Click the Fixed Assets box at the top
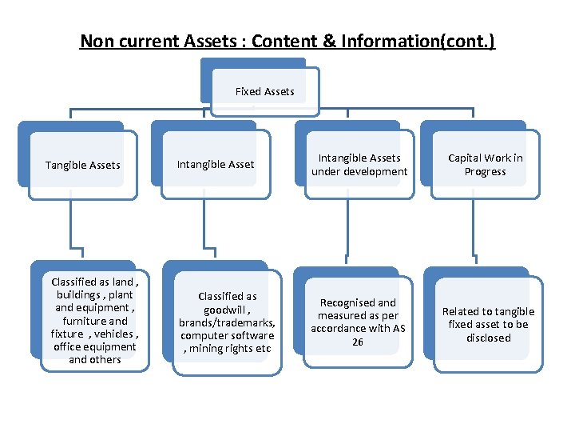click(x=264, y=91)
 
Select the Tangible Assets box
click(x=82, y=166)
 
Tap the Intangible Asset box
click(x=215, y=165)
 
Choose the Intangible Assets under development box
click(x=359, y=165)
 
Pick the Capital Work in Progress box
click(x=485, y=165)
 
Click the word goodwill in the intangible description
click(x=224, y=310)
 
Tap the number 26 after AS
click(x=359, y=342)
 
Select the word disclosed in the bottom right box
click(x=488, y=338)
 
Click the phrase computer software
click(x=227, y=335)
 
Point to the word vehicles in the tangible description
click(x=117, y=334)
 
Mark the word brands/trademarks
click(x=227, y=322)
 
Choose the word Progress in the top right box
click(x=485, y=172)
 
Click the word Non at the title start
click(x=93, y=42)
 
